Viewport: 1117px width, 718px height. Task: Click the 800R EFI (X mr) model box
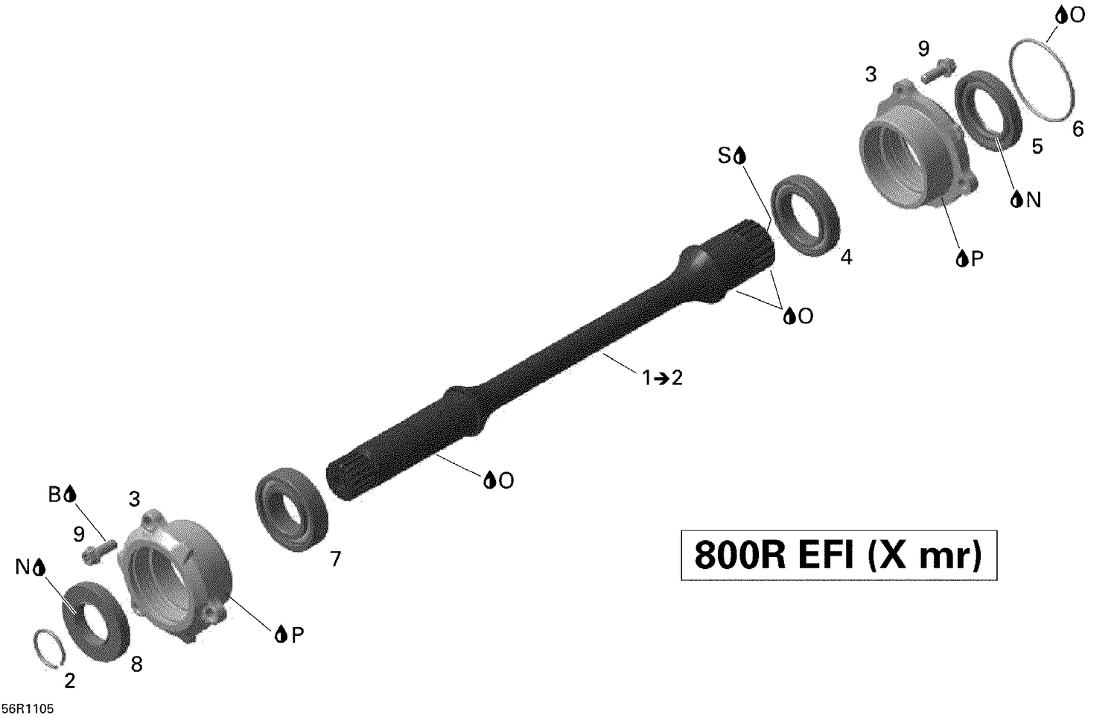point(838,555)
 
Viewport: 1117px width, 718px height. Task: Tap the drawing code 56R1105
point(28,708)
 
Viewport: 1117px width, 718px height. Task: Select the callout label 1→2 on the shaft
point(662,378)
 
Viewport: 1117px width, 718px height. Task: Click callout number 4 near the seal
point(845,258)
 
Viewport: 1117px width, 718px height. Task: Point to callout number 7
point(335,559)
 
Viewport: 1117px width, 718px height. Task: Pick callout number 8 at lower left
point(136,665)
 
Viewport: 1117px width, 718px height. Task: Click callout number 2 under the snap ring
point(69,681)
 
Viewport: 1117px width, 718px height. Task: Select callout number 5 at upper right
point(1037,147)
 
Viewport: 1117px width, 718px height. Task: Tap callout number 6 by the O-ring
point(1078,130)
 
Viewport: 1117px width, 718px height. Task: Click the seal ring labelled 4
point(805,215)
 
